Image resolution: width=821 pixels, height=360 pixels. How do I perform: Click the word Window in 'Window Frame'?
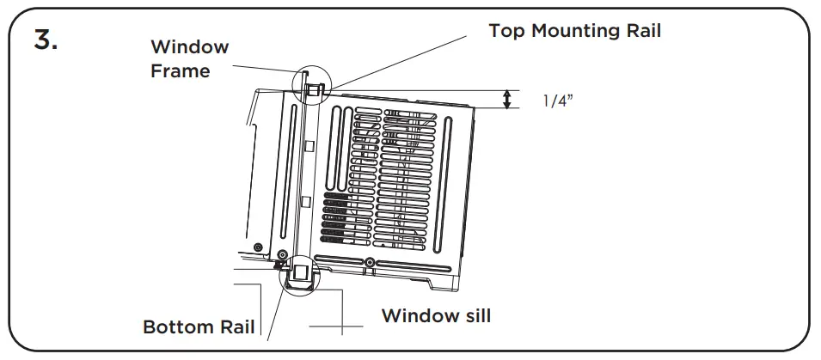coord(190,46)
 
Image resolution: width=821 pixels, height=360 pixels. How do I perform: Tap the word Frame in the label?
coord(181,70)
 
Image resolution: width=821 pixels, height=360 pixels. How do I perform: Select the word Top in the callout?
coord(509,31)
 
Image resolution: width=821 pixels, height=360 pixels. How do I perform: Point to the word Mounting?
coord(579,31)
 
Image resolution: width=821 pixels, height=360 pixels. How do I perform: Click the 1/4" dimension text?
coord(558,101)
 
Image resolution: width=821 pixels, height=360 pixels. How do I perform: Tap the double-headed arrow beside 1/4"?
coord(508,100)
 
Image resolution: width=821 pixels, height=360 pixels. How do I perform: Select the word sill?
coord(472,315)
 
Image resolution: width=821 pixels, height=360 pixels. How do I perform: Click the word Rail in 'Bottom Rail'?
coord(237,327)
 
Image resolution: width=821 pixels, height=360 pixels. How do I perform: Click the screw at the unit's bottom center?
coord(369,262)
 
